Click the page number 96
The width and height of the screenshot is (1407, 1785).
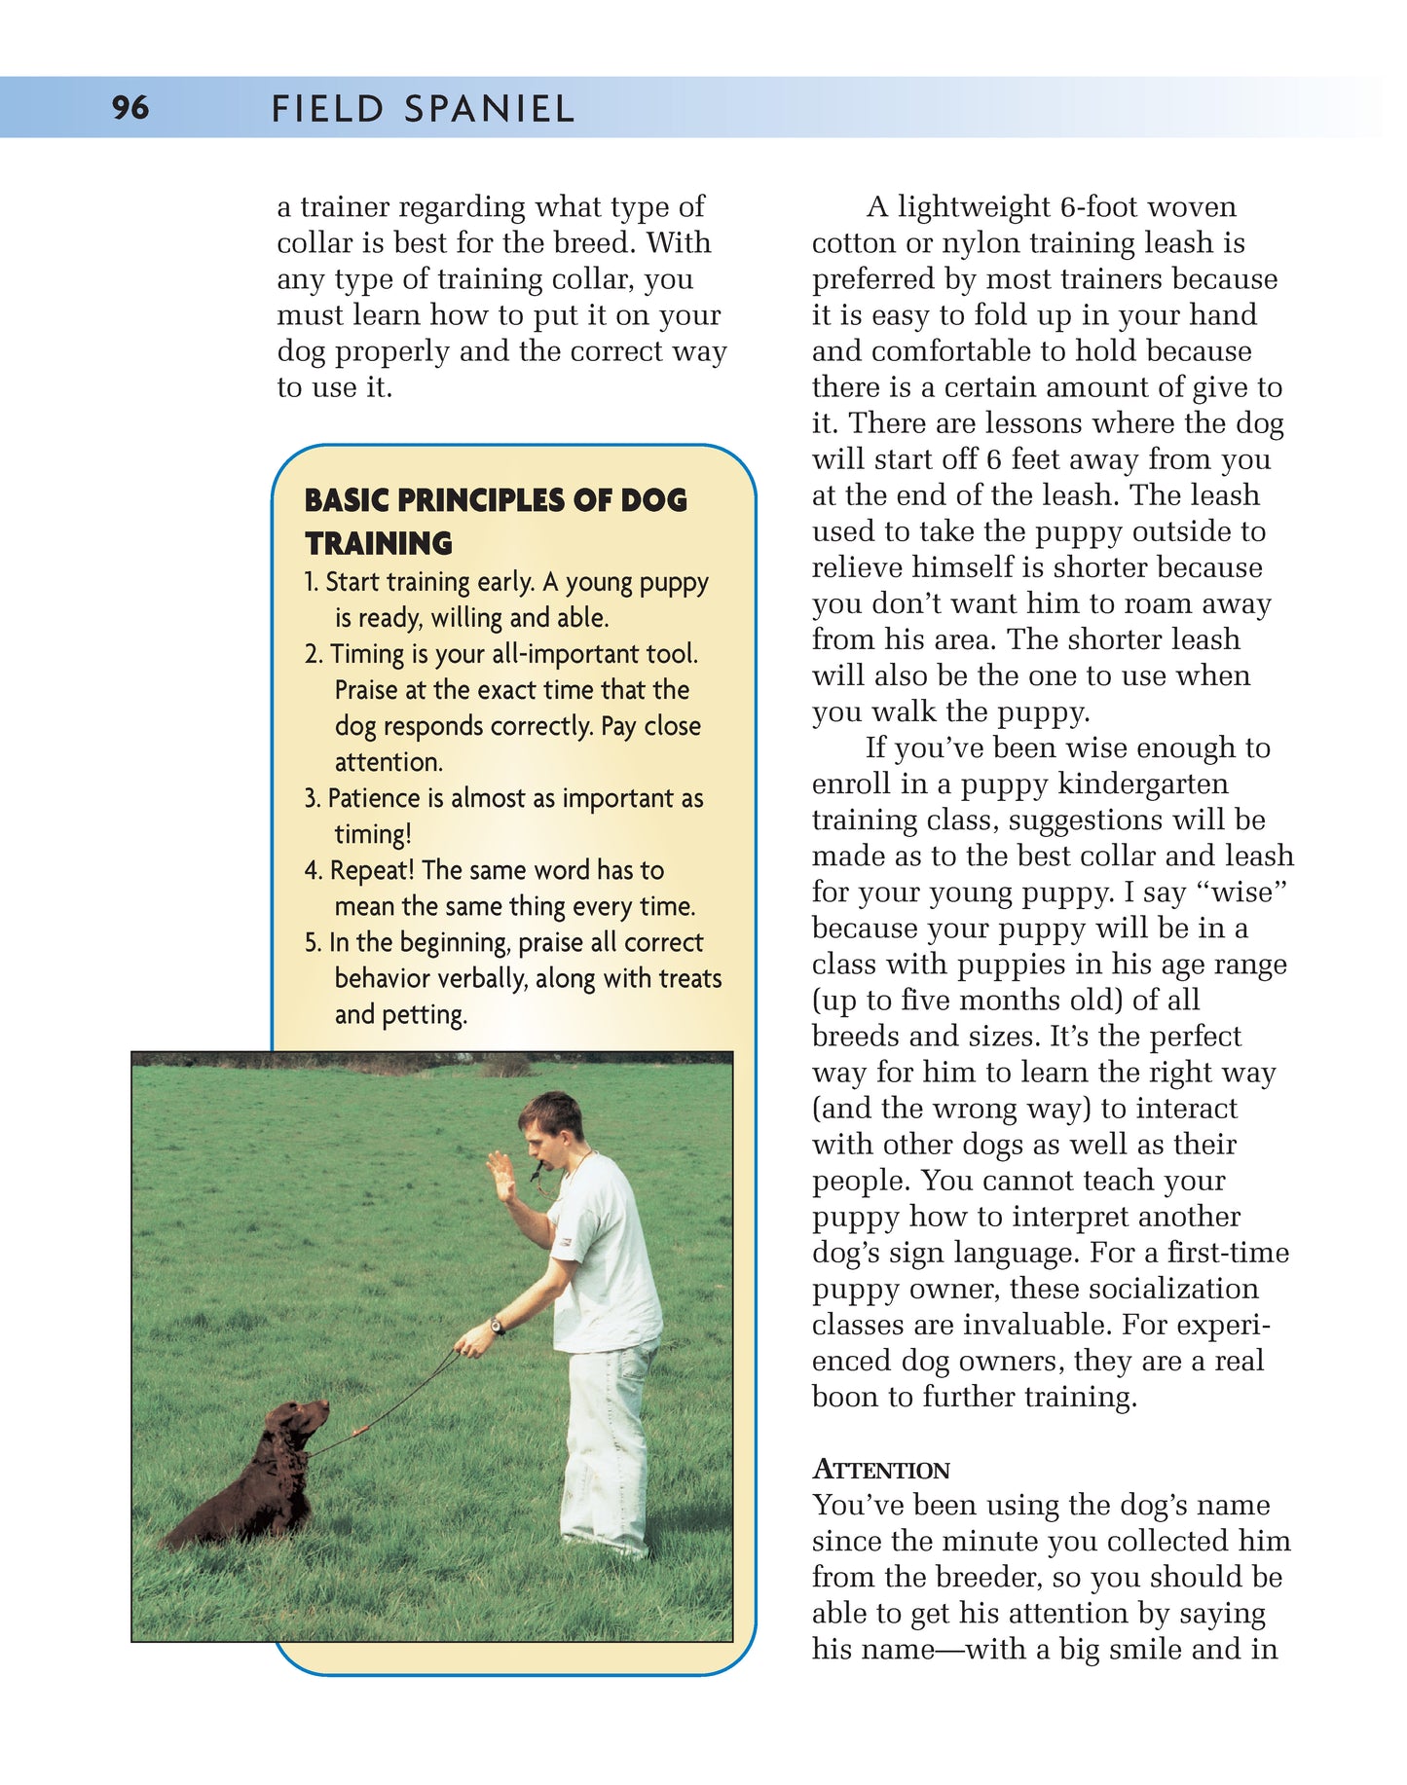coord(130,107)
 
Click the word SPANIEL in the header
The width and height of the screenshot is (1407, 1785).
coord(490,108)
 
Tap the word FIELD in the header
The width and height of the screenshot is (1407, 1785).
coord(327,108)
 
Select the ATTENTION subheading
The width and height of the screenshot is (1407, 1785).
coord(881,1470)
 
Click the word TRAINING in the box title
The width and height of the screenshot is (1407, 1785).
coord(379,543)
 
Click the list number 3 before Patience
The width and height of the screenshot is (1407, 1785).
coord(312,799)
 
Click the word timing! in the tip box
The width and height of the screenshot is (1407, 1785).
coord(373,834)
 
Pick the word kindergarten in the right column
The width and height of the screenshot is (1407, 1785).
coord(1143,783)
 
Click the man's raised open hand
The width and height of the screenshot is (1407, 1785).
coord(501,1177)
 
